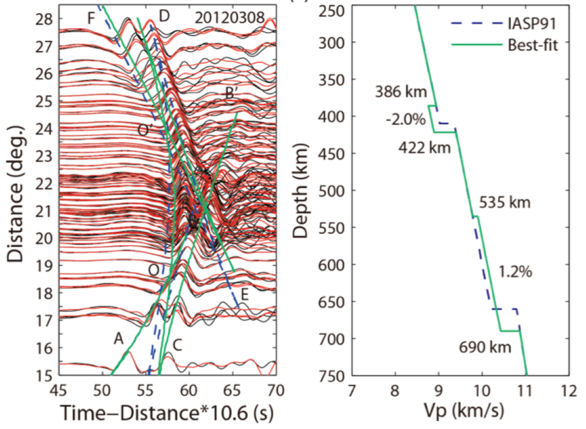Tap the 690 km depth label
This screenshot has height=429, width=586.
484,347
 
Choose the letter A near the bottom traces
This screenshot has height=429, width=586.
118,339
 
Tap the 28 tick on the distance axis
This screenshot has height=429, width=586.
46,19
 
